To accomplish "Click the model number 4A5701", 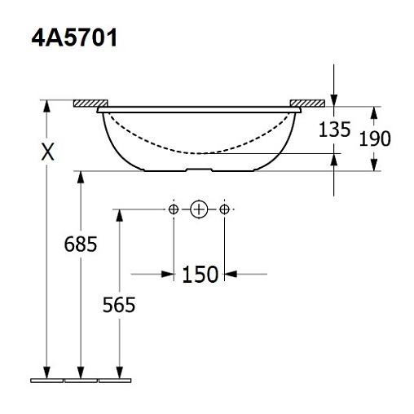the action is [74, 37].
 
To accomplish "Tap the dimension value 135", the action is [334, 130].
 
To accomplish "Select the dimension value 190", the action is [375, 139].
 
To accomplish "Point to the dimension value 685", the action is [81, 244].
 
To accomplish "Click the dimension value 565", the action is [119, 305].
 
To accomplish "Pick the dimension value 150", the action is [200, 275].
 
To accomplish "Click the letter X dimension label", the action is [47, 152].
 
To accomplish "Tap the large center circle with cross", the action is [199, 209].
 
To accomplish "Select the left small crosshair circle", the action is [174, 209].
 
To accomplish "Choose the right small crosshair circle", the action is [224, 209].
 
